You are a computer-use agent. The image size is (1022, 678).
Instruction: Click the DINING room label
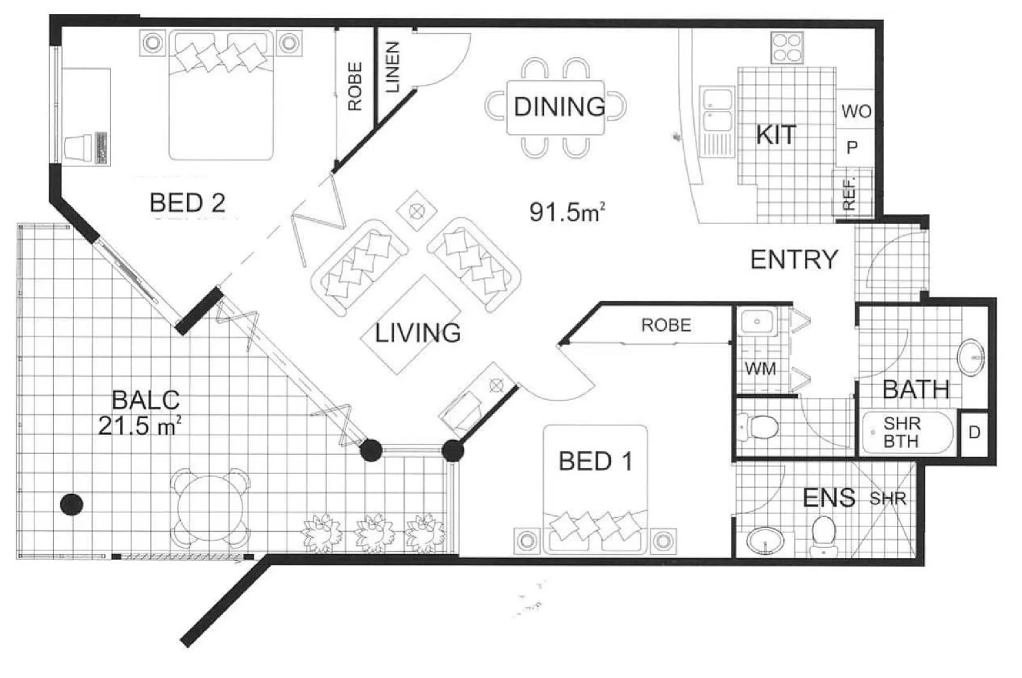pyautogui.click(x=559, y=107)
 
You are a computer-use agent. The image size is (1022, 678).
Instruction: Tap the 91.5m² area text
pyautogui.click(x=567, y=212)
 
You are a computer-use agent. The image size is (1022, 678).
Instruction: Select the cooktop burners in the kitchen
pyautogui.click(x=787, y=48)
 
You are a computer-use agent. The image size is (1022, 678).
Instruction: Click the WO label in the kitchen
pyautogui.click(x=856, y=112)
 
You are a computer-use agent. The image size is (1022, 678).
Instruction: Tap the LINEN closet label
pyautogui.click(x=392, y=68)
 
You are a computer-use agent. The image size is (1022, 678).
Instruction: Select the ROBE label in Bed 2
pyautogui.click(x=355, y=87)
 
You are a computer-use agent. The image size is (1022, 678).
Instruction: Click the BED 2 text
pyautogui.click(x=187, y=203)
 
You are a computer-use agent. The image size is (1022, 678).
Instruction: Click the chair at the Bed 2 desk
pyautogui.click(x=77, y=149)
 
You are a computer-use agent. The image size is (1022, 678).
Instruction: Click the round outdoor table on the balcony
pyautogui.click(x=211, y=507)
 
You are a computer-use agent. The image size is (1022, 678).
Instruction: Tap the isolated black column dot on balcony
pyautogui.click(x=72, y=503)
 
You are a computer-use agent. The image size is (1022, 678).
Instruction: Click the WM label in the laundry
pyautogui.click(x=760, y=369)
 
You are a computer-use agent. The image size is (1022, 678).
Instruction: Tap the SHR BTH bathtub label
pyautogui.click(x=901, y=433)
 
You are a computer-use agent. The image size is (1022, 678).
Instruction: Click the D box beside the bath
pyautogui.click(x=974, y=433)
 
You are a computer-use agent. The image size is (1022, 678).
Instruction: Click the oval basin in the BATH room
pyautogui.click(x=971, y=357)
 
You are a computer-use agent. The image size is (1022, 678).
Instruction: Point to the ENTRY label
pyautogui.click(x=794, y=259)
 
